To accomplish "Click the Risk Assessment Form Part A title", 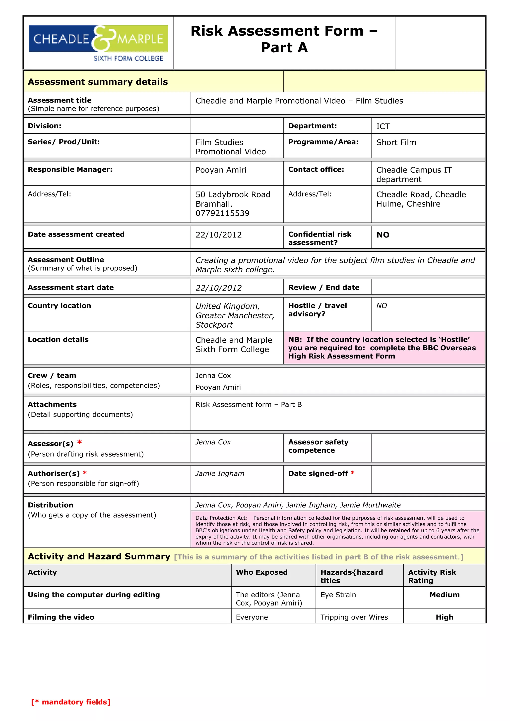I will click(x=284, y=39).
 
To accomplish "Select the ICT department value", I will click(x=383, y=126).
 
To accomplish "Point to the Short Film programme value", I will click(x=396, y=143).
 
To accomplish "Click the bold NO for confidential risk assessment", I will click(x=383, y=235).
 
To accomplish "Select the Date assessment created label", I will click(x=76, y=234).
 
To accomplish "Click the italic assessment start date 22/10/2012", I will click(x=219, y=288).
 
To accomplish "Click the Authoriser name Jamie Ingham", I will click(x=220, y=474).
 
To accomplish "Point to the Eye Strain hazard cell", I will click(x=338, y=595).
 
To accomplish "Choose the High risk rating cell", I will click(x=444, y=617).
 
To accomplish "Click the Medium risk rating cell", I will click(x=444, y=595).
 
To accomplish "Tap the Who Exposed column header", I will click(x=261, y=572).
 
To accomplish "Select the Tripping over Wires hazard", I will click(x=354, y=617).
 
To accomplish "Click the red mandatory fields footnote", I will click(x=71, y=702).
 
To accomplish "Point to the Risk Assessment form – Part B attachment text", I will click(x=249, y=405).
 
